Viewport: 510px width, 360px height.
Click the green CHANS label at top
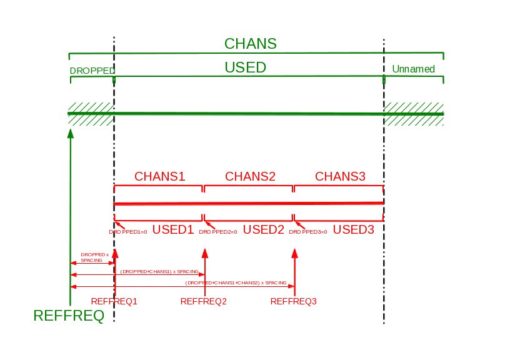250,44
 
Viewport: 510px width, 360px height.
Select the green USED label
246,67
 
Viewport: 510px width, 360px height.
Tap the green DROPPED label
92,71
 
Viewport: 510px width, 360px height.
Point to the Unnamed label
413,69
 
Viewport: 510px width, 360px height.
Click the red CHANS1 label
160,176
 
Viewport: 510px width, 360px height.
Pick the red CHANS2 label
250,176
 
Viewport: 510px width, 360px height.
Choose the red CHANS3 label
340,176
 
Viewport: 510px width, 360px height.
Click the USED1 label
173,229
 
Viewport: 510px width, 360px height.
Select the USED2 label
263,229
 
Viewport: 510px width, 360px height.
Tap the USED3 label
353,229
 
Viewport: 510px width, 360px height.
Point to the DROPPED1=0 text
128,232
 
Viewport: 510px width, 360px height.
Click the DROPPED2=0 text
218,232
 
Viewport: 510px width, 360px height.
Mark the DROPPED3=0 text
308,232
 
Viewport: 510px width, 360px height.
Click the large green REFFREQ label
69,316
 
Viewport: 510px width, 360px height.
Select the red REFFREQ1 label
114,301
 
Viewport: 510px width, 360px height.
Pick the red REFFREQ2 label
203,301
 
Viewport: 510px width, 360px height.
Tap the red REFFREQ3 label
294,301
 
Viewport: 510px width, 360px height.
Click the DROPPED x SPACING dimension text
94,257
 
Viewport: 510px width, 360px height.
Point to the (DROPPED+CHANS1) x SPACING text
160,272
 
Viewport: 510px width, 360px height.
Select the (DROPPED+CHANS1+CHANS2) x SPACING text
236,283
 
